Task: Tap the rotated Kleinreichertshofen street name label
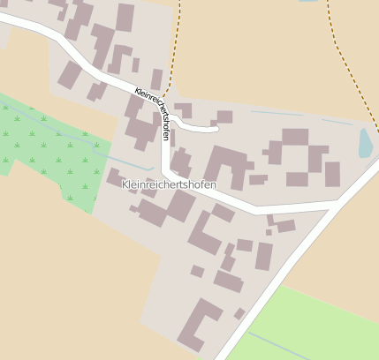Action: (152, 113)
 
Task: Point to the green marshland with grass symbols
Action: (44, 150)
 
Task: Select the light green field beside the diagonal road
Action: (309, 326)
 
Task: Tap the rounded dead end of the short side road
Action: (214, 129)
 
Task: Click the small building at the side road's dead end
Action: (224, 116)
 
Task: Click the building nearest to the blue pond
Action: (332, 173)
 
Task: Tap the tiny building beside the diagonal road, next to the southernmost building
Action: (239, 313)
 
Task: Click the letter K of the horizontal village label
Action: (124, 184)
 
